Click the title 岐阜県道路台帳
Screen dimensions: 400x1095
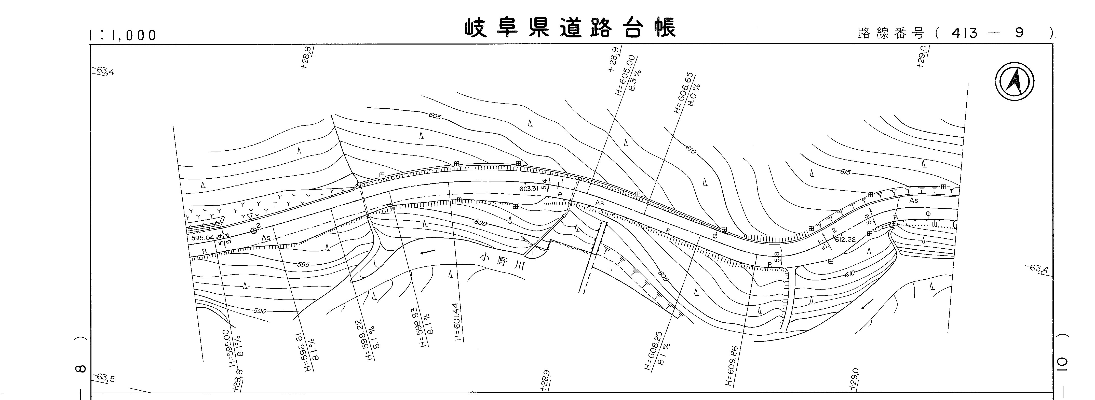[570, 28]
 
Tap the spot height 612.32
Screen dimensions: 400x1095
[845, 239]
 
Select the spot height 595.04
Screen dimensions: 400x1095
[203, 238]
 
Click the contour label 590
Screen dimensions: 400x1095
[260, 311]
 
